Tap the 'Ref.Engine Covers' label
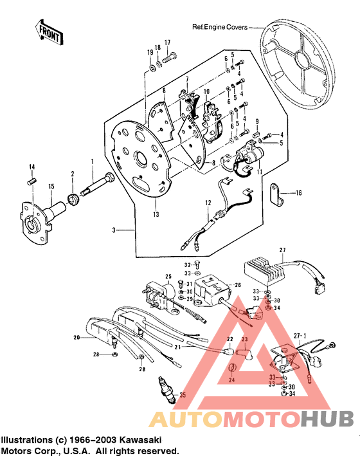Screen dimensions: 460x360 pyautogui.click(x=220, y=27)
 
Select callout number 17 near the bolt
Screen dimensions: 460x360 pyautogui.click(x=167, y=43)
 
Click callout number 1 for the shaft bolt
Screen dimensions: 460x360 pyautogui.click(x=92, y=160)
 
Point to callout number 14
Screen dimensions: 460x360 pyautogui.click(x=30, y=168)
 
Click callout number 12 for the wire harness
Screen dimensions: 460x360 pyautogui.click(x=208, y=204)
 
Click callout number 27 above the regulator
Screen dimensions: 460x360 pyautogui.click(x=282, y=250)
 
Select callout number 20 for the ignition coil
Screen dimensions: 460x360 pyautogui.click(x=76, y=337)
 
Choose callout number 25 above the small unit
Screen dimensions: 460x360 pyautogui.click(x=168, y=277)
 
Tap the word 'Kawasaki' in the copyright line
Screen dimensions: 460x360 pyautogui.click(x=139, y=439)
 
